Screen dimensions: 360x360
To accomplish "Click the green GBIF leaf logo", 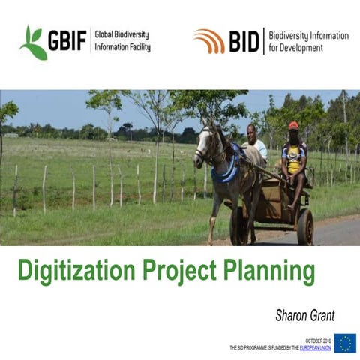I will point(33,42).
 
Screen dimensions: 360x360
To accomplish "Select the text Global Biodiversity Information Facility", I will point(121,41).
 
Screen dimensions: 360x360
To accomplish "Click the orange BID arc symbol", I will point(209,40).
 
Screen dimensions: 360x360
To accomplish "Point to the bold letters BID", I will point(244,41).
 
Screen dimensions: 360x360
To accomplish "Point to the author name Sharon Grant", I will point(306,315).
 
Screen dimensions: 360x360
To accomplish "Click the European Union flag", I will point(345,343).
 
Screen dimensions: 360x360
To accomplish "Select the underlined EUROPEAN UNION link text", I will point(315,348).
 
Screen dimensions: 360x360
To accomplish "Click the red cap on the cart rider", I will point(294,125).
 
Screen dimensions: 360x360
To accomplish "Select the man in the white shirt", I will point(254,147).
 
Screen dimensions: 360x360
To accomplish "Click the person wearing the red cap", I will point(294,157).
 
